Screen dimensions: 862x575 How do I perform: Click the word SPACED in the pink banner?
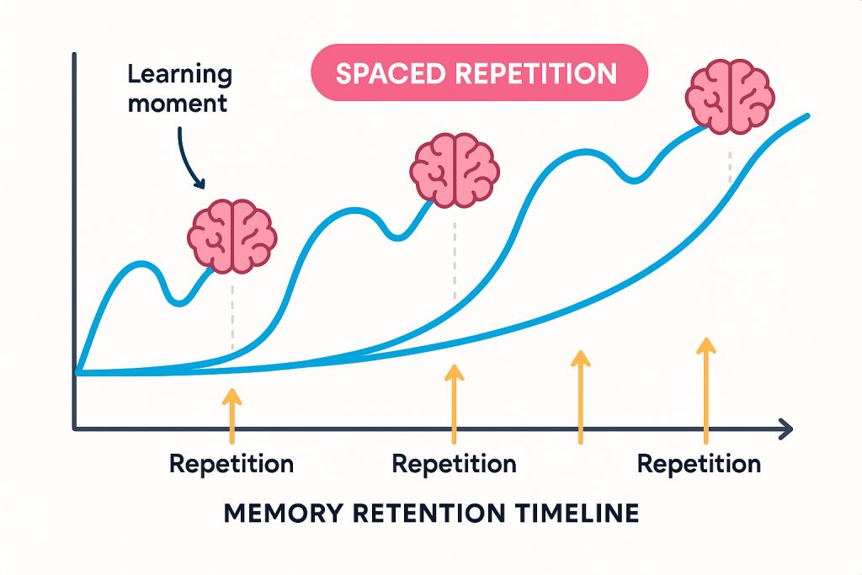pyautogui.click(x=391, y=73)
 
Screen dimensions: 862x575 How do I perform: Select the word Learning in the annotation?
pyautogui.click(x=180, y=75)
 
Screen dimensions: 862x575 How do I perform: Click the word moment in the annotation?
pyautogui.click(x=178, y=104)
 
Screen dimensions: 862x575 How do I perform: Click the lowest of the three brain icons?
pyautogui.click(x=232, y=237)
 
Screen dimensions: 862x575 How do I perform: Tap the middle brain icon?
pyautogui.click(x=455, y=170)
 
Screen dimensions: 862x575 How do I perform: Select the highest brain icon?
pyautogui.click(x=730, y=97)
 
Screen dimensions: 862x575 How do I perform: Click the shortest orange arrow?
pyautogui.click(x=232, y=416)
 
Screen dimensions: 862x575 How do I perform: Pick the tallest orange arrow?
pyautogui.click(x=706, y=391)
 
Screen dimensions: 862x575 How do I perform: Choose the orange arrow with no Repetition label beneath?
pyautogui.click(x=581, y=397)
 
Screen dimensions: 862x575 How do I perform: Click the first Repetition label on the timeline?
pyautogui.click(x=231, y=464)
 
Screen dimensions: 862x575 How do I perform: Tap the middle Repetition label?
pyautogui.click(x=454, y=464)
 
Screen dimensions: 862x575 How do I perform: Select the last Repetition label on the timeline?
pyautogui.click(x=700, y=464)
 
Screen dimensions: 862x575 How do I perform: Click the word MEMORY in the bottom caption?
pyautogui.click(x=284, y=514)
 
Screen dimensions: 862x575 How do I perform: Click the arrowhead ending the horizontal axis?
pyautogui.click(x=787, y=429)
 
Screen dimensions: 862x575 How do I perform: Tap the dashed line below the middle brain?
pyautogui.click(x=455, y=261)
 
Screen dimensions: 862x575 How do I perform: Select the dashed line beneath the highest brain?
pyautogui.click(x=730, y=168)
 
